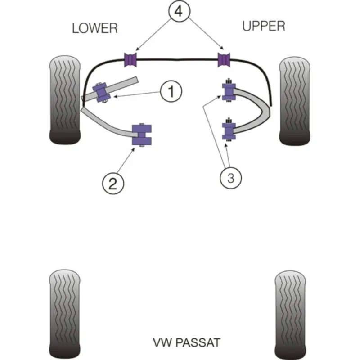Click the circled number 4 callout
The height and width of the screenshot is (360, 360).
[179, 11]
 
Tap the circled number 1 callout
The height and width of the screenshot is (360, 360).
[171, 91]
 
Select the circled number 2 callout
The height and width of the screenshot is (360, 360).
[113, 184]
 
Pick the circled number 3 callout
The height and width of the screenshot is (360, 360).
[231, 178]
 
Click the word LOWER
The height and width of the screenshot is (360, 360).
[95, 28]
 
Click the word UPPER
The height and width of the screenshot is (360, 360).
[264, 26]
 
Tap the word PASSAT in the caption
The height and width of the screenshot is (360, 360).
[198, 342]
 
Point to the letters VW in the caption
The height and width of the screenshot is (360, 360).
[162, 342]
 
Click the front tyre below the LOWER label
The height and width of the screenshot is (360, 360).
[65, 100]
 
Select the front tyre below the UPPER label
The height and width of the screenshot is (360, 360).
[295, 101]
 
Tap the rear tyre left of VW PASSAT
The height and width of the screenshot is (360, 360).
[65, 314]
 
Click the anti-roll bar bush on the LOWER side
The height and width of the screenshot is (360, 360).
[130, 60]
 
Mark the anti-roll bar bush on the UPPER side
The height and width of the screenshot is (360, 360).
[224, 60]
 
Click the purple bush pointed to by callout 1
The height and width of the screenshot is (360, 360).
[101, 92]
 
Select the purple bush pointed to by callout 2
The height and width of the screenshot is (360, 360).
[142, 135]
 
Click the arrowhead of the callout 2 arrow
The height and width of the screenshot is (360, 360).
[133, 149]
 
